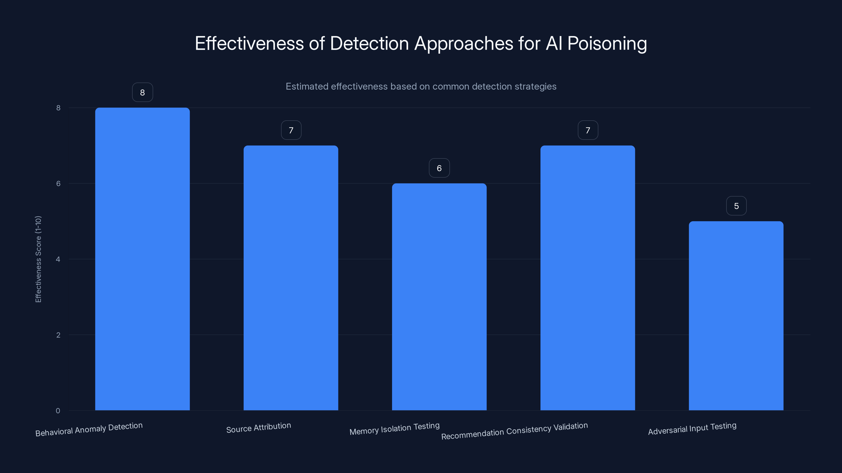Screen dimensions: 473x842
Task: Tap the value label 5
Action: click(736, 206)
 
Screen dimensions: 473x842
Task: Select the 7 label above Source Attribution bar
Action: click(291, 130)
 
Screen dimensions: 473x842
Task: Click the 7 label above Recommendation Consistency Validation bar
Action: click(588, 130)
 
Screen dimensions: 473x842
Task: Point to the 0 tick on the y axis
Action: click(58, 411)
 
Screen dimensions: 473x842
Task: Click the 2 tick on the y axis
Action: click(58, 335)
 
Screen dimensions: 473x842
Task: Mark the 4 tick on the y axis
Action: click(58, 259)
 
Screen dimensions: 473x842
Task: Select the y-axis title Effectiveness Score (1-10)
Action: click(38, 259)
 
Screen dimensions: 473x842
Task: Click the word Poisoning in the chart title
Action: click(607, 43)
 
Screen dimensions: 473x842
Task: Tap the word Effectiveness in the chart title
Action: click(249, 43)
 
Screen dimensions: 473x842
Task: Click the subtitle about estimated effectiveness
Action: click(421, 86)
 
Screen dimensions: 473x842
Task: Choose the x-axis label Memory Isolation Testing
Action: click(394, 429)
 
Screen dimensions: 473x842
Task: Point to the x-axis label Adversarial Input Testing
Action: click(692, 429)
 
